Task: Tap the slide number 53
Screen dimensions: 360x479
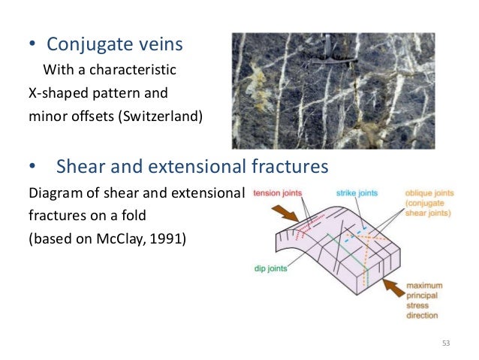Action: [447, 343]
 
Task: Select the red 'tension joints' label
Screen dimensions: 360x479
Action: [277, 192]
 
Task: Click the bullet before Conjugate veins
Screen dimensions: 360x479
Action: [32, 46]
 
